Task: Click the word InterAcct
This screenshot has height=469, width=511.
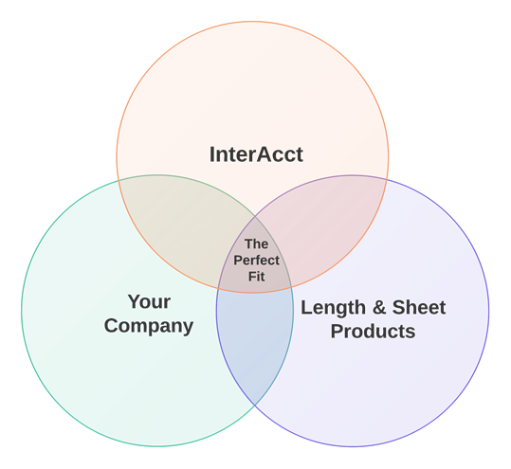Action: tap(256, 154)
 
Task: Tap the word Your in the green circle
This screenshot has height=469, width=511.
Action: tap(149, 301)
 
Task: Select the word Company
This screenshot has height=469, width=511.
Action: tap(149, 326)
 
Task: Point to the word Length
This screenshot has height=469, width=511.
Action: tap(333, 308)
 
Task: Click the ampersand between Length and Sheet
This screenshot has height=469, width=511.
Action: tap(379, 307)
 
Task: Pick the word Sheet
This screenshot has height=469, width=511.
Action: tap(419, 307)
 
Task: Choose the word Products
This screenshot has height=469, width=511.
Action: tap(374, 332)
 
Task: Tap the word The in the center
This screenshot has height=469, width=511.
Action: tap(257, 244)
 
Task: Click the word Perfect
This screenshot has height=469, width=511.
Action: tap(257, 261)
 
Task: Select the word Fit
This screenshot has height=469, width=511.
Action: tap(257, 277)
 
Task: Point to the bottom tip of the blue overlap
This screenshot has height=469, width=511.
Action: tap(255, 406)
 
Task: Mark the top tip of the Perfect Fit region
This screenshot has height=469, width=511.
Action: tap(255, 216)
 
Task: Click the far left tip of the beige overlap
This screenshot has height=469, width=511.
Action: tap(118, 180)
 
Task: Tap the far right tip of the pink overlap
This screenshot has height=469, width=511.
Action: tap(387, 180)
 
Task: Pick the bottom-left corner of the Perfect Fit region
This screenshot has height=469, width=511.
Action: tap(218, 288)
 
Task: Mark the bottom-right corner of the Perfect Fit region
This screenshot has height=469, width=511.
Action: tap(291, 288)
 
